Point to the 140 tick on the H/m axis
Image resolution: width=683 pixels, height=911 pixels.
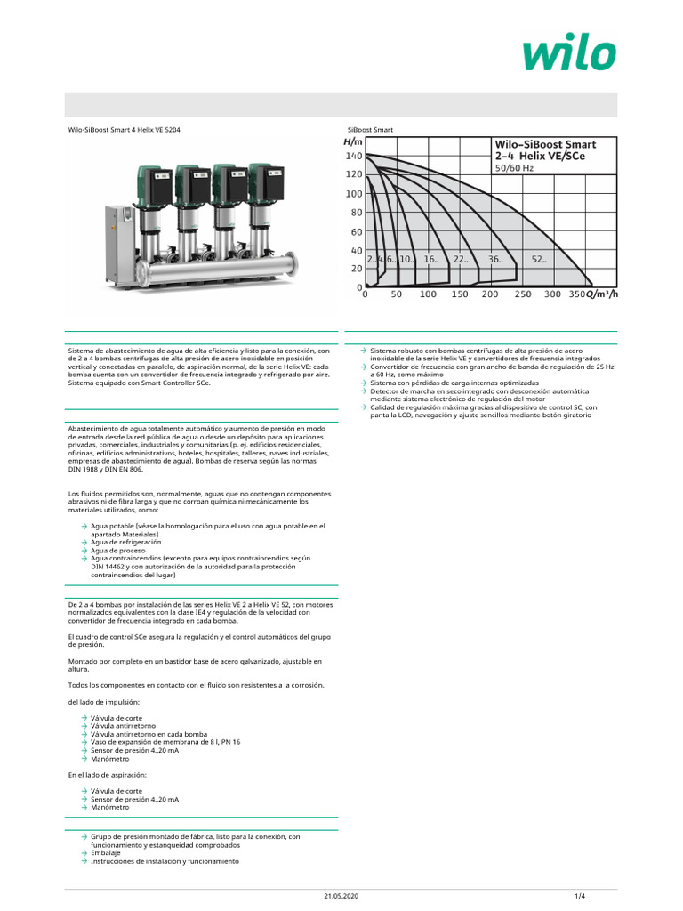[x=354, y=156]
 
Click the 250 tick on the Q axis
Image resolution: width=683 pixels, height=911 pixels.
[x=522, y=294]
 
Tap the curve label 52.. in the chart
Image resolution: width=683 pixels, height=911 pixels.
[x=539, y=259]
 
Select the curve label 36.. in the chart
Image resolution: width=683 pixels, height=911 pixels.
[x=495, y=259]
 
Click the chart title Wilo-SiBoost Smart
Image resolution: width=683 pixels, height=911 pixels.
[x=544, y=144]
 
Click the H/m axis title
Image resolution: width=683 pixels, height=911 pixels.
[x=353, y=141]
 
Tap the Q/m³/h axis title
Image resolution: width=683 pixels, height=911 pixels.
[x=595, y=294]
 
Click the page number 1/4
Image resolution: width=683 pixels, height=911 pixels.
[x=579, y=894]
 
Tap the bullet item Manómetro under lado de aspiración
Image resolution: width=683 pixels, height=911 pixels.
[x=111, y=808]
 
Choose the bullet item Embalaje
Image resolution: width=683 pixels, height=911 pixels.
[x=106, y=852]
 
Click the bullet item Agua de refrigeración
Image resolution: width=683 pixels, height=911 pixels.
[x=125, y=542]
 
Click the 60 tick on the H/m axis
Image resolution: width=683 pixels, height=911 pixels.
[x=356, y=232]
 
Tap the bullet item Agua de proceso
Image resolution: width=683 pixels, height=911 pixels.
[x=118, y=550]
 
